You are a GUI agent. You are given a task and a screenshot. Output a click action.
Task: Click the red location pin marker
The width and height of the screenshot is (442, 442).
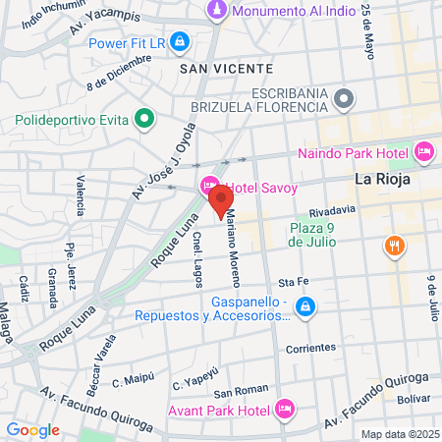coord(217,203)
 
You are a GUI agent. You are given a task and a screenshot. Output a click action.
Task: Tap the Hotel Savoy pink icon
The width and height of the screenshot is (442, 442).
coord(209,187)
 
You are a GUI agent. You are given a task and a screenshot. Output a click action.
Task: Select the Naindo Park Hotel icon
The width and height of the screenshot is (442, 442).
coord(424,152)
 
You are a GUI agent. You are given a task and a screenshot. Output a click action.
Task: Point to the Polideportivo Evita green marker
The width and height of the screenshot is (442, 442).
coord(145,121)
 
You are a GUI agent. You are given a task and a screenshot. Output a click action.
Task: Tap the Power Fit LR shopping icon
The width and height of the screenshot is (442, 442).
coord(180,43)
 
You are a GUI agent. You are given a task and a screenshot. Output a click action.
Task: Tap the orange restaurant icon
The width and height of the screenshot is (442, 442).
coord(394,246)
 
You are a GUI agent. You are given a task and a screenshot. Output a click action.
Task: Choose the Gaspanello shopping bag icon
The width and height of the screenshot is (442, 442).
coord(306,307)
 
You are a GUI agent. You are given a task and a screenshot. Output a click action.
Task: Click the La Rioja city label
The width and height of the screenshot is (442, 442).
coord(381,182)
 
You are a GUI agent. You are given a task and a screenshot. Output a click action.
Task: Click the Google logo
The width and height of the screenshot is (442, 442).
coord(33,429)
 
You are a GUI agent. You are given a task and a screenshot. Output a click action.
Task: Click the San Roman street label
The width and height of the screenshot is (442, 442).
coord(235,390)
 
